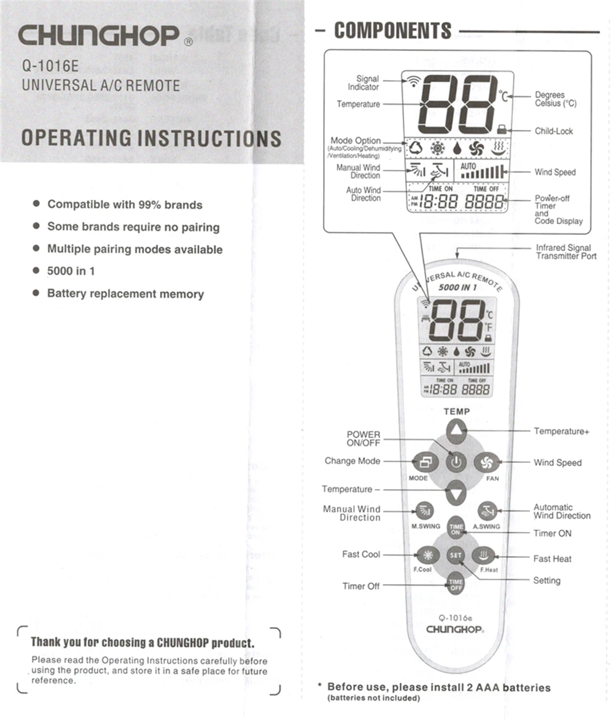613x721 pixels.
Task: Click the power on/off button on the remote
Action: pos(455,461)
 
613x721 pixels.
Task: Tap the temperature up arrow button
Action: pos(455,433)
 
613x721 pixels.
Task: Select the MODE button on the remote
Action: pos(425,461)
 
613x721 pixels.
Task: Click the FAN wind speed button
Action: pos(487,461)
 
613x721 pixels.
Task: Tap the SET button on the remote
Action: pos(455,556)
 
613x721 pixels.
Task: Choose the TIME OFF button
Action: pos(455,584)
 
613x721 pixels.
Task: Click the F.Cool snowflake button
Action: pos(427,556)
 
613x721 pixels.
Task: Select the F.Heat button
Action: pos(484,556)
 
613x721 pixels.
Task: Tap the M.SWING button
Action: pos(425,511)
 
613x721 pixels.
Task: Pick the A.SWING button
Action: pos(487,511)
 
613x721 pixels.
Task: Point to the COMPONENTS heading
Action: pos(392,31)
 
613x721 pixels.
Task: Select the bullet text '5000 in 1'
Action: pos(71,271)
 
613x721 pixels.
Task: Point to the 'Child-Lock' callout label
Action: pos(554,131)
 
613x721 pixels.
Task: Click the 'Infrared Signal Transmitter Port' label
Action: pos(566,252)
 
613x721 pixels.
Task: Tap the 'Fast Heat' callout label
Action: pos(552,558)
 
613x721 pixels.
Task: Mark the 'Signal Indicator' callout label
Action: pos(367,83)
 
